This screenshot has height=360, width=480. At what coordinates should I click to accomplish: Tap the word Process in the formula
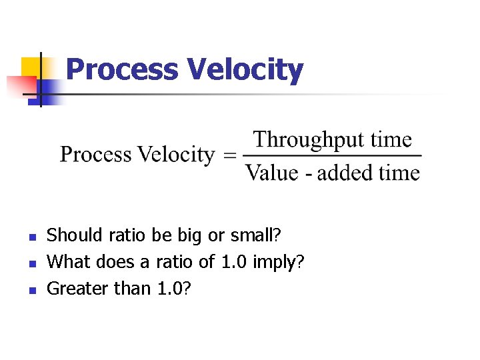[x=95, y=155]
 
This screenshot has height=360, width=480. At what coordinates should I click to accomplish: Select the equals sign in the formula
[x=229, y=156]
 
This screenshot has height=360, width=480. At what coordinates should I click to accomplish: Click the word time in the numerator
[x=391, y=140]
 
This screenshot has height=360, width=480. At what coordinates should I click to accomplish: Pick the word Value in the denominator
[x=270, y=173]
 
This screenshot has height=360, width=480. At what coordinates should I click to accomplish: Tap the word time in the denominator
[x=399, y=173]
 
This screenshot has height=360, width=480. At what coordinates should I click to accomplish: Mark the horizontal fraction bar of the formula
[x=333, y=157]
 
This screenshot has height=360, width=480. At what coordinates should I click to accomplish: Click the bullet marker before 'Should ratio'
[x=31, y=236]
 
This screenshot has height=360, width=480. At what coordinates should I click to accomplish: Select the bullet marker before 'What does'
[x=31, y=263]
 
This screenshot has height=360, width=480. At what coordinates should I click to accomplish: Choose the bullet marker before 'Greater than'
[x=31, y=290]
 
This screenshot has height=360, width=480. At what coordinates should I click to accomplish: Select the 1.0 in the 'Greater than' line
[x=173, y=289]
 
